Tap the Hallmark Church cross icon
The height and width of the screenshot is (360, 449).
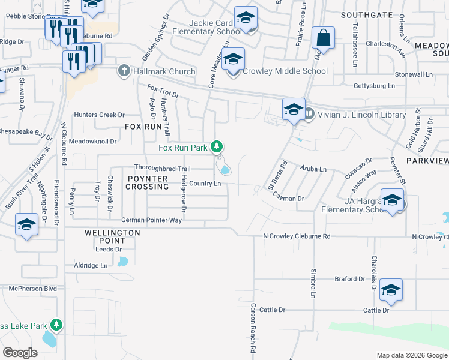[124, 71]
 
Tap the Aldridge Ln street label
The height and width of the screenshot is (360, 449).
[90, 265]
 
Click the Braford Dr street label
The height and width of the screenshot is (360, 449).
[350, 279]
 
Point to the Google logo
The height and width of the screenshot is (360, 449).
[20, 352]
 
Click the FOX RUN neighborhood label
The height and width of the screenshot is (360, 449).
[143, 127]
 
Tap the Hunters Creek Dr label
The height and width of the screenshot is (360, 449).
[99, 115]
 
